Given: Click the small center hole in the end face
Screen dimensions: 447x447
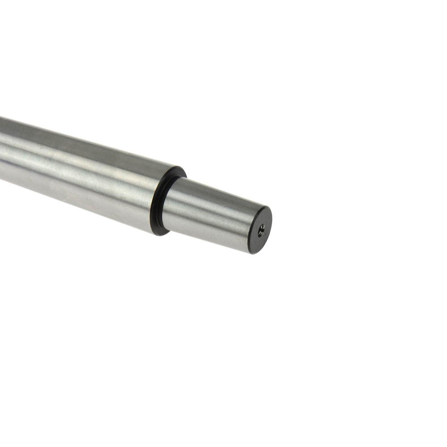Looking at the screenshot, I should coord(261,230).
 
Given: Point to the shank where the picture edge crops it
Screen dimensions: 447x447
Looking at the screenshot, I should coord(2,148).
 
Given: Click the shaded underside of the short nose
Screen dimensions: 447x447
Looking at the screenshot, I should coord(206,235).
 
